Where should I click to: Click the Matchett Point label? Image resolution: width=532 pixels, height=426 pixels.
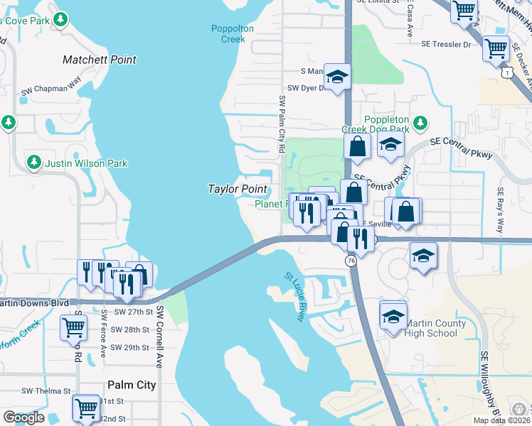100,60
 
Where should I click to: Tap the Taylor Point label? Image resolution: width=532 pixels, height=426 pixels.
238,189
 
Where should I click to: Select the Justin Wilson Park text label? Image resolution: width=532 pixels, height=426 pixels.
86,163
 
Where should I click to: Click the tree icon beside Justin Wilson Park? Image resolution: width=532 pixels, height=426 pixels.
33,163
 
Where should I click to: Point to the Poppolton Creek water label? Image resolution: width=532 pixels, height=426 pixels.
228,34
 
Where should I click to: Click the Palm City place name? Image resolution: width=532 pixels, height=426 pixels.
132,385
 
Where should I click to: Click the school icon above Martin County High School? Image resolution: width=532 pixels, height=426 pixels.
393,316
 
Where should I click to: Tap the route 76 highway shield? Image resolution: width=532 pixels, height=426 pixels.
351,261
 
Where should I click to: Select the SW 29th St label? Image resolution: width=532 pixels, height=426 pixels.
130,348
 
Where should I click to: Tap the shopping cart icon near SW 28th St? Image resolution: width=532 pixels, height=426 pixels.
74,328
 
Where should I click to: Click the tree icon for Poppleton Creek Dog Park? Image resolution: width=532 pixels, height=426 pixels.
420,123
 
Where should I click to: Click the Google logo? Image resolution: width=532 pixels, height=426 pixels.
23,417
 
